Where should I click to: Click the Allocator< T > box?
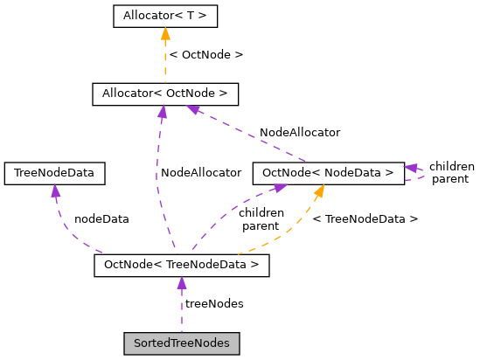pos(165,16)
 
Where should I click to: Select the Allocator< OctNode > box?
pos(165,93)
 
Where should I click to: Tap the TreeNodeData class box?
pos(54,173)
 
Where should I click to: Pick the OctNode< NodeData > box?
pos(328,173)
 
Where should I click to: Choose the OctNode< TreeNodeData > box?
pos(181,265)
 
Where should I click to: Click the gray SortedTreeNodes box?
pos(181,343)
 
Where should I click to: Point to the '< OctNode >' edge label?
pos(205,54)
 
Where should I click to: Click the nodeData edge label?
pos(101,219)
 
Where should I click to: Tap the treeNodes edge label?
pos(214,303)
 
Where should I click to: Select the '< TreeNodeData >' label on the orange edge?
pos(365,219)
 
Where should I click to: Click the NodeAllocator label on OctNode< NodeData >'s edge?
pos(300,133)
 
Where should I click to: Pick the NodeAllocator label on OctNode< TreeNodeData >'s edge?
pos(200,173)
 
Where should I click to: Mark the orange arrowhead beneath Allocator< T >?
pos(165,34)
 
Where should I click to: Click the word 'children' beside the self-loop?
pos(451,166)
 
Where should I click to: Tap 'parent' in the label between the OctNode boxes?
pos(261,225)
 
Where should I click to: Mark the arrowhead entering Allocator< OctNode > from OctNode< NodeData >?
pos(195,110)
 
